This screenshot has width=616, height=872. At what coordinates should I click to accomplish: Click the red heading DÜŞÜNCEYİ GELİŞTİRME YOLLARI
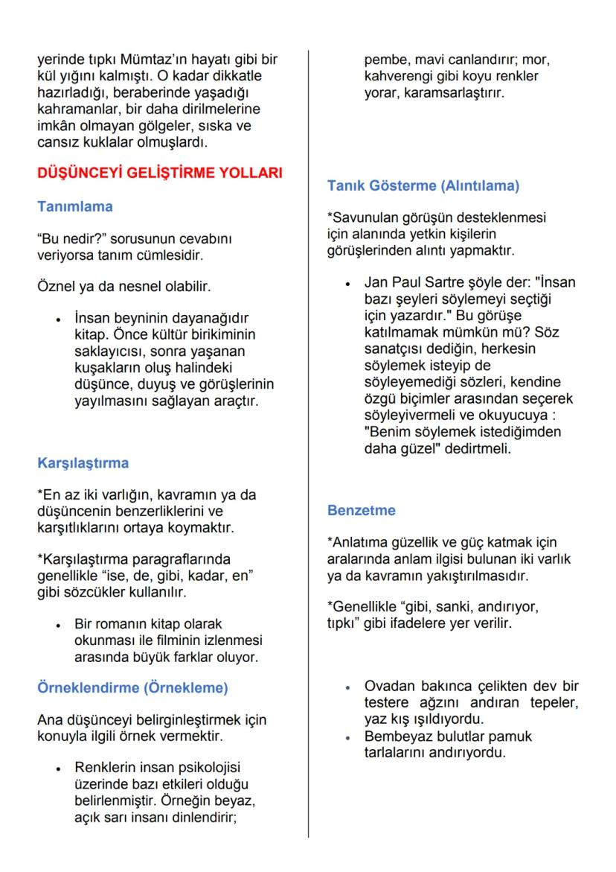point(160,174)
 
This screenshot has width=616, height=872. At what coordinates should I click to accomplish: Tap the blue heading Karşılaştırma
point(83,462)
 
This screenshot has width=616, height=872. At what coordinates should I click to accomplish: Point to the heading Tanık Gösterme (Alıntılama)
point(423,185)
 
